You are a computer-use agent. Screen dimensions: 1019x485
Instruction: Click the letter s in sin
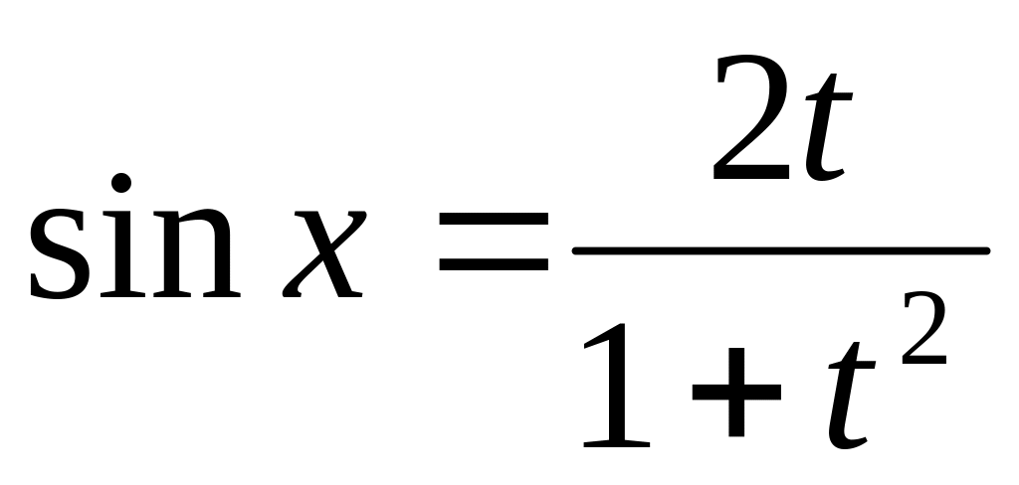[59, 253]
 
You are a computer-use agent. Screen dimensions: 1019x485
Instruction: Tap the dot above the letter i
[120, 183]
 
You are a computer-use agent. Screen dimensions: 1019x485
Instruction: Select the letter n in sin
[197, 253]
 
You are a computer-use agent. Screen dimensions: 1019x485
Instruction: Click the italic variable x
[324, 253]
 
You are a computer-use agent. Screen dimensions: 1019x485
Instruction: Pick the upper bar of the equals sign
[494, 219]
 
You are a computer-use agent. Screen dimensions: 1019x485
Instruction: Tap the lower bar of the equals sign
[494, 264]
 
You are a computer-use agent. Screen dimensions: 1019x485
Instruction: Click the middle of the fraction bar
[780, 251]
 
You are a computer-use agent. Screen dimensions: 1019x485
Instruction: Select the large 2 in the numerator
[751, 117]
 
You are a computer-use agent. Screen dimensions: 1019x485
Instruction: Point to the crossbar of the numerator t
[829, 96]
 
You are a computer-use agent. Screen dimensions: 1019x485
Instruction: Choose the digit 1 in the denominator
[616, 385]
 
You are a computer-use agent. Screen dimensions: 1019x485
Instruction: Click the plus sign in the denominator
[736, 393]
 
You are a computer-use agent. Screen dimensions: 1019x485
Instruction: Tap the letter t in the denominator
[851, 396]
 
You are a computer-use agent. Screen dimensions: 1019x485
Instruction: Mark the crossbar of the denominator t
[852, 365]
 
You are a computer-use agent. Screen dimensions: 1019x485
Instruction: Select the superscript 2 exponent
[924, 327]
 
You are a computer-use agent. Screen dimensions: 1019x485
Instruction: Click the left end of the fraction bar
[574, 251]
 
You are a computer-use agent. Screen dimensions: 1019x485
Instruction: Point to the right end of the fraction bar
[988, 251]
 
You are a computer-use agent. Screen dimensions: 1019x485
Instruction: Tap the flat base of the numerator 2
[751, 172]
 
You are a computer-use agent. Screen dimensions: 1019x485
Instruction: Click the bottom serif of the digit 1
[617, 443]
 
